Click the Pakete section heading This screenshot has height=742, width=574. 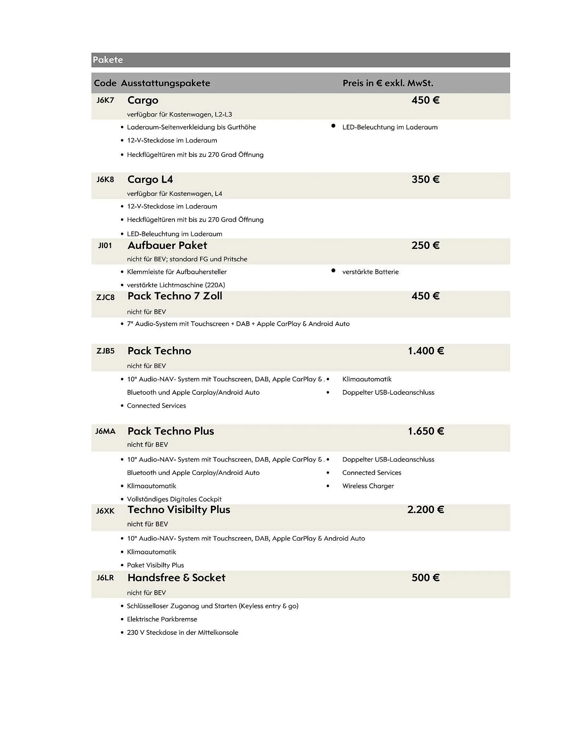pos(108,60)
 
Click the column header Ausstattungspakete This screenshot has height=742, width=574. pos(165,83)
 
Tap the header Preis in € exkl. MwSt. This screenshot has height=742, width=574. pos(388,83)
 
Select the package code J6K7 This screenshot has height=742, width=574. pos(105,100)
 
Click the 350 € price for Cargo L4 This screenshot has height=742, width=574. pos(425,180)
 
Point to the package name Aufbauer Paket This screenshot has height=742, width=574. pos(167,245)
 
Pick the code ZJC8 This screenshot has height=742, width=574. pos(105,297)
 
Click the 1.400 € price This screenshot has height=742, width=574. pos(425,351)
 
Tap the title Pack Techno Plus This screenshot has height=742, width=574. pos(170,431)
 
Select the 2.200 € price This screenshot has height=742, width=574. pos(425,510)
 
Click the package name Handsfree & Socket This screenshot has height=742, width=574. pos(176,578)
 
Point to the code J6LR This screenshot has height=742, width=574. pos(105,578)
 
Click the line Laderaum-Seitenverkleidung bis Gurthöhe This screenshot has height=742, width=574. pos(191,127)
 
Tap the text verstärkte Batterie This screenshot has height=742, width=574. pos(370,272)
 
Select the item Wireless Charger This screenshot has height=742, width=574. pos(368,486)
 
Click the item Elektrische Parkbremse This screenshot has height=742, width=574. pos(162,619)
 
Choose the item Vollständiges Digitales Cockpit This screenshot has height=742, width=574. pos(174,499)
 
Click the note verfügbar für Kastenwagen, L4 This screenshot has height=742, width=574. pos(175,194)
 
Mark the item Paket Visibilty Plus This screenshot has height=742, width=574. pos(155,565)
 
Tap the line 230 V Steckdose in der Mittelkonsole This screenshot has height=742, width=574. pos(182,633)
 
